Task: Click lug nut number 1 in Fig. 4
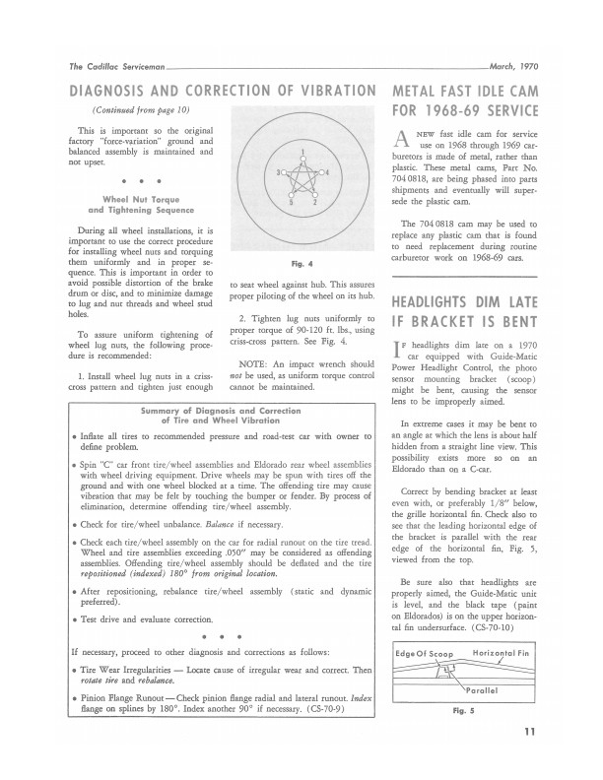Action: coord(303,156)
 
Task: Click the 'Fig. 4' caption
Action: coord(302,264)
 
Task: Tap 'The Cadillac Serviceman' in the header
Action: coord(108,66)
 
